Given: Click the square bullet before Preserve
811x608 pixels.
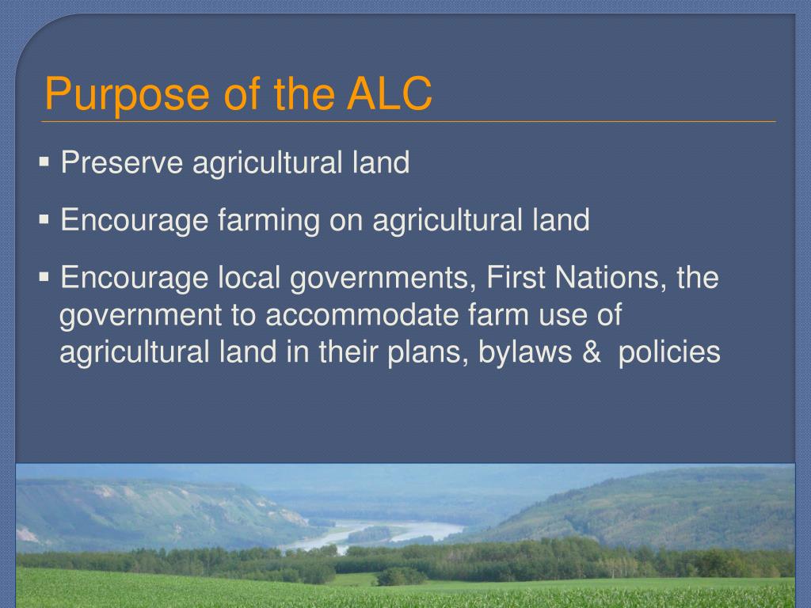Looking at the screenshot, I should (44, 163).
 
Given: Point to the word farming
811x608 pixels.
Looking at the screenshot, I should (267, 220).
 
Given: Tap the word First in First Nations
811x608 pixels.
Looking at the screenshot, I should (516, 279).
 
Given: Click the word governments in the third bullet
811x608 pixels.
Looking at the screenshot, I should (379, 279).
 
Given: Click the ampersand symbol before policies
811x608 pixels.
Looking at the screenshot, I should (591, 351).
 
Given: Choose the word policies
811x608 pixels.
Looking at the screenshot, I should (669, 351).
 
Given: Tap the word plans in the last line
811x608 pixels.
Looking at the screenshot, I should (424, 351).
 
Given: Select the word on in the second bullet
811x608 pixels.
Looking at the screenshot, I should (345, 220).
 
